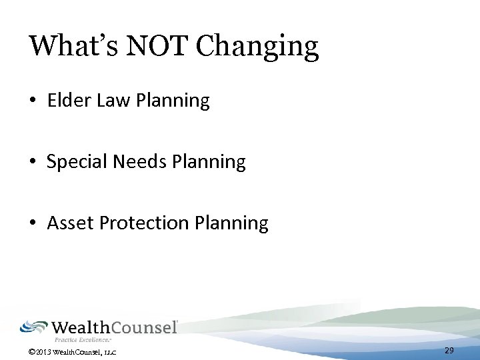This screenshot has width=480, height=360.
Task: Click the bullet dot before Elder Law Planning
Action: [33, 101]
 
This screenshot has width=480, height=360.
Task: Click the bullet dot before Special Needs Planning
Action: [33, 162]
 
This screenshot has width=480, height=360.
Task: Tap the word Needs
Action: [133, 161]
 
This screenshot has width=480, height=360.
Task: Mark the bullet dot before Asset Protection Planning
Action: [33, 223]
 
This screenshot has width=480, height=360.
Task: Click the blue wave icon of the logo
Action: [33, 327]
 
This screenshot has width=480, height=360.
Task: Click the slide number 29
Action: [449, 351]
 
